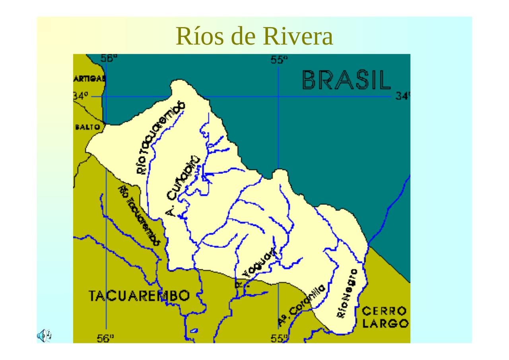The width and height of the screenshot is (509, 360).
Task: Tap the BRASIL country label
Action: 346,80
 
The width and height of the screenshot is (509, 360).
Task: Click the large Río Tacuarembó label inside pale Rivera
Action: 161,137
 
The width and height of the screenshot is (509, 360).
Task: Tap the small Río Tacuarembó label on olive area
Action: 139,215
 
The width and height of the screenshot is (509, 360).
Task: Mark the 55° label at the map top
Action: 279,60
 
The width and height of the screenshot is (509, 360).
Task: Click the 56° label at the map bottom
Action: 106,339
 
